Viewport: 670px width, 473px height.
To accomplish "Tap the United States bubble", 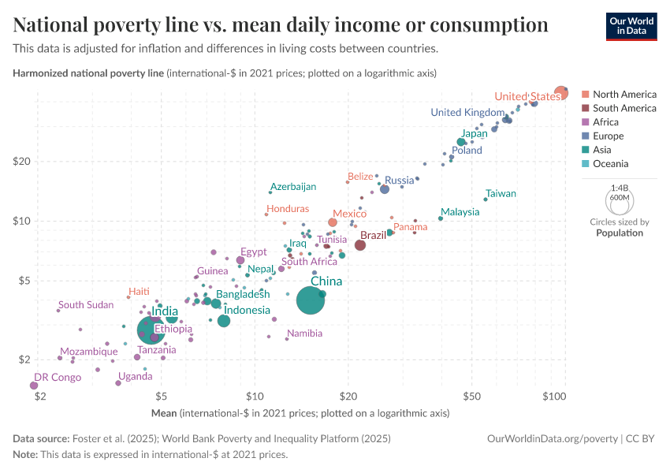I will (560, 93).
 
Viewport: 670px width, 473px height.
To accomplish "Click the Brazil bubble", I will (360, 245).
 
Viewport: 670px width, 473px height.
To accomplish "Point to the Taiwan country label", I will (501, 193).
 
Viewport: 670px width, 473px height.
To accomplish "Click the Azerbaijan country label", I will (292, 187).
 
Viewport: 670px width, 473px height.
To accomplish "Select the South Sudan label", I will (86, 305).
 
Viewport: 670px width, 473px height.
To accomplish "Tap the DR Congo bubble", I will (33, 385).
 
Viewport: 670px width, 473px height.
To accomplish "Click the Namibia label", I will (304, 333).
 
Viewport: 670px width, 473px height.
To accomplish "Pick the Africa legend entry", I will (605, 122).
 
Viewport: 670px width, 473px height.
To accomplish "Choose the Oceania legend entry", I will (610, 164).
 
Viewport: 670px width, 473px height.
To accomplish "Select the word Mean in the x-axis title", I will (164, 413).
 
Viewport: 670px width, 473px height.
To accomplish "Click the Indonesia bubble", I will (224, 321).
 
